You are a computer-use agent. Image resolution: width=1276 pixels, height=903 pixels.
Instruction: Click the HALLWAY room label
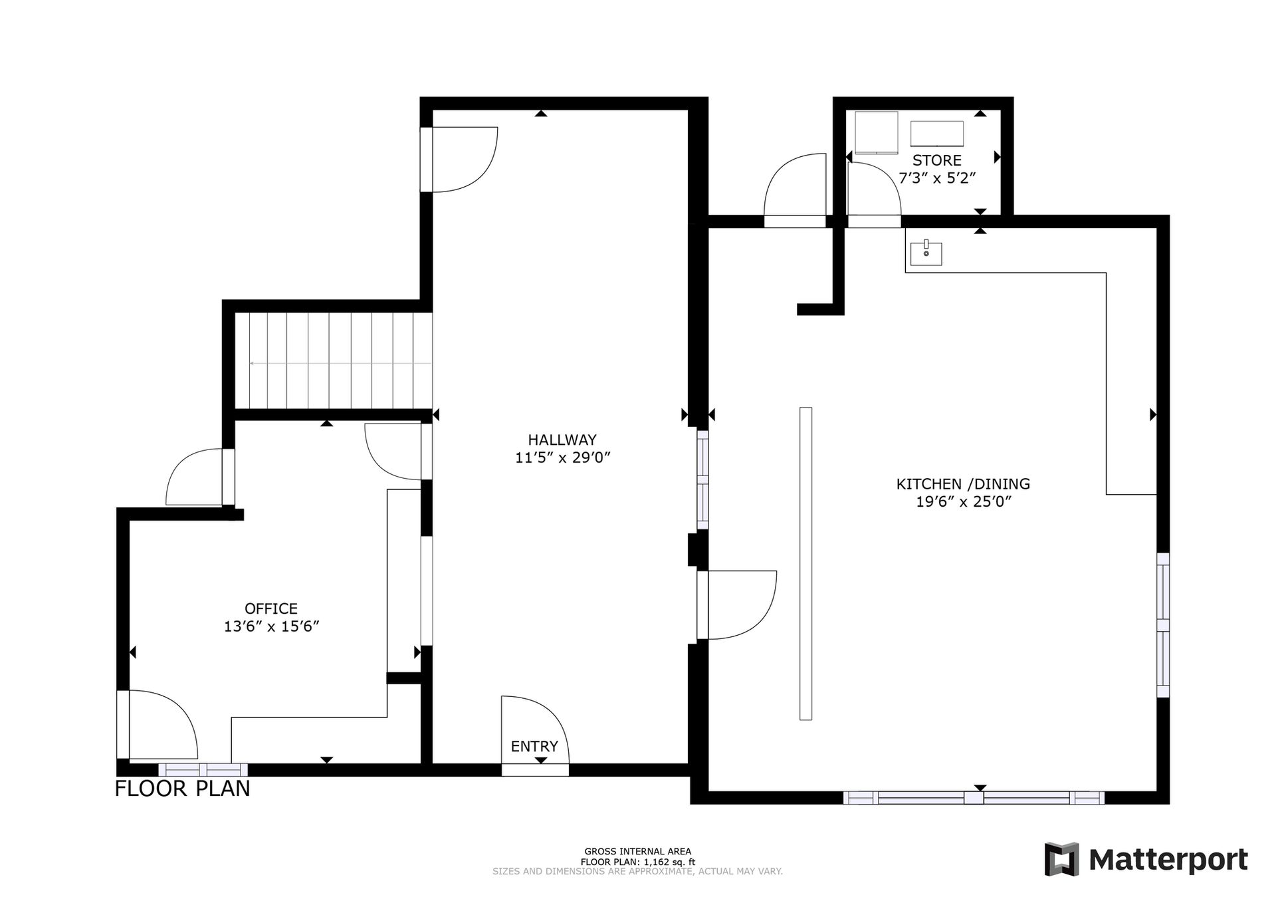click(562, 440)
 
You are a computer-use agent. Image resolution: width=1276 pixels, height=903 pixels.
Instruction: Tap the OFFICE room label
click(271, 608)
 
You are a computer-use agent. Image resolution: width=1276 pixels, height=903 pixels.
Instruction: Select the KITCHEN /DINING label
click(963, 484)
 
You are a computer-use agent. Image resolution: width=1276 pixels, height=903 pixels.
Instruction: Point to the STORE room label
click(937, 160)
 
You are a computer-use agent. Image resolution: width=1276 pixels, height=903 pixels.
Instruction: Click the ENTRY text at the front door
click(534, 746)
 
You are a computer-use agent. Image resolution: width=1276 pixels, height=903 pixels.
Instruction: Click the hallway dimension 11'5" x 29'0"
click(562, 457)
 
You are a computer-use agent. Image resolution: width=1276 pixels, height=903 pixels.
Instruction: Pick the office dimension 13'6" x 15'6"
click(271, 626)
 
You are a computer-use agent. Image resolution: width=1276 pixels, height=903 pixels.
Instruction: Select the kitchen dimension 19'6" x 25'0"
click(963, 502)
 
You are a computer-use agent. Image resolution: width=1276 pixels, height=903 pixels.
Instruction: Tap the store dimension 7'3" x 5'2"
click(937, 178)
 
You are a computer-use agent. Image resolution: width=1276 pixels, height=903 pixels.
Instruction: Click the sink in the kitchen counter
click(926, 252)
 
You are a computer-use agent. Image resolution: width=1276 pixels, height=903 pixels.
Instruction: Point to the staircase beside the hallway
click(334, 360)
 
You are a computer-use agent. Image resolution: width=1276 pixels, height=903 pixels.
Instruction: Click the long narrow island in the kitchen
click(805, 563)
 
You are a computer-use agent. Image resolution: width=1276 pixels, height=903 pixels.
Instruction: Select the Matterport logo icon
click(1061, 859)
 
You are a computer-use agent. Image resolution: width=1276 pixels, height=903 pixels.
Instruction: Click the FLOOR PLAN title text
click(182, 789)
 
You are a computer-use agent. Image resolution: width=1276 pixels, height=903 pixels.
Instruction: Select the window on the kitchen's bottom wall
click(974, 798)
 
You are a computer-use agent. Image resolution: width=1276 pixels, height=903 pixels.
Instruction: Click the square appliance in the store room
click(876, 132)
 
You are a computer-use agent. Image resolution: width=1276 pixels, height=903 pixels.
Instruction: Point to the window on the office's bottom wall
click(203, 770)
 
